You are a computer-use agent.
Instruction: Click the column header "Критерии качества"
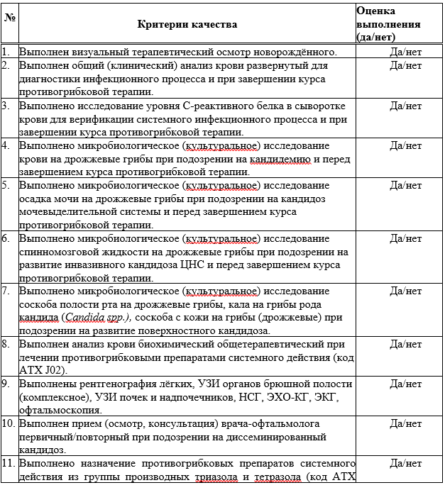[x=187, y=24]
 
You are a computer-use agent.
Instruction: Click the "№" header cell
[x=9, y=16]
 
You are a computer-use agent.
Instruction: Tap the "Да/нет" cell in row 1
[x=405, y=52]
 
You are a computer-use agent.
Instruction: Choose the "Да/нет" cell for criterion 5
[x=405, y=186]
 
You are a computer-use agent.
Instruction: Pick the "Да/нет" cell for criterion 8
[x=405, y=344]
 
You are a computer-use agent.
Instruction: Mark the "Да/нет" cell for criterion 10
[x=405, y=424]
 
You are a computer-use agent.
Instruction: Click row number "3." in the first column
[x=6, y=106]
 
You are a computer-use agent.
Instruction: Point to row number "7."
[x=6, y=291]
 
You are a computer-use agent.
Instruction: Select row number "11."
[x=8, y=464]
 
